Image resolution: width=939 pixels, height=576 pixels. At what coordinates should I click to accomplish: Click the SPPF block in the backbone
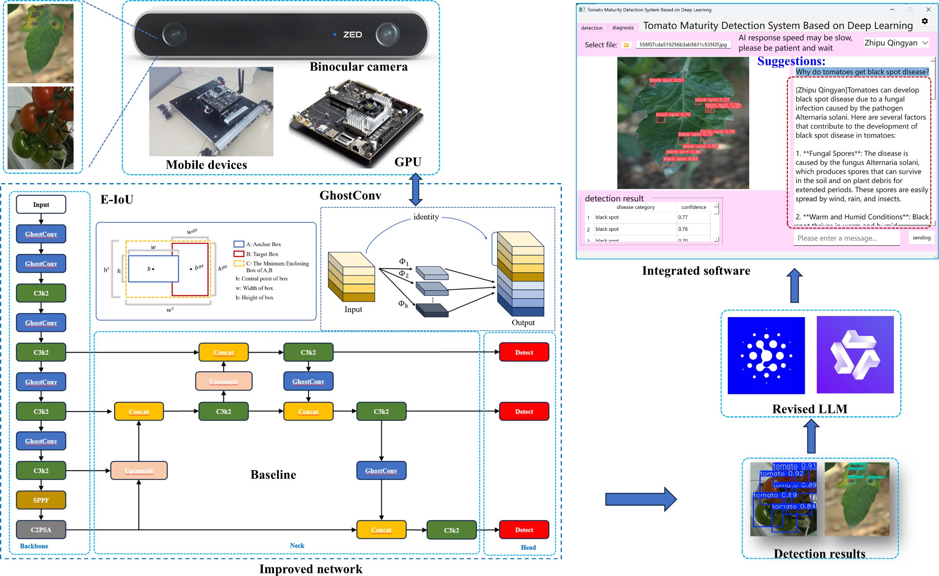point(41,500)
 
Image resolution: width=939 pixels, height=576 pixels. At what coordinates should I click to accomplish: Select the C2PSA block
point(41,530)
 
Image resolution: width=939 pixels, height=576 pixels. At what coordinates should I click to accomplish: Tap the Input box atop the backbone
point(41,205)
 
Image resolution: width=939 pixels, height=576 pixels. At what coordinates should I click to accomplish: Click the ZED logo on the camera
point(352,35)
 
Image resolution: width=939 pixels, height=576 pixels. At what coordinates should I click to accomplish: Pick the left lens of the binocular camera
point(173,35)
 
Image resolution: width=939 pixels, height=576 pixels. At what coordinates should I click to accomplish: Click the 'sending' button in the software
point(921,238)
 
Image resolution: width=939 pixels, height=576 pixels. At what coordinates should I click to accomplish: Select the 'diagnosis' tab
point(623,28)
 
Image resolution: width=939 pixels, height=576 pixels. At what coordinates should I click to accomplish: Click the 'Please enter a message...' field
point(846,238)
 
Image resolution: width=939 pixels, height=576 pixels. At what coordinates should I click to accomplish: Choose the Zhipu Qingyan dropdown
point(896,43)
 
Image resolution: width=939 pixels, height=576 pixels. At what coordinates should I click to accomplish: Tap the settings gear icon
point(925,21)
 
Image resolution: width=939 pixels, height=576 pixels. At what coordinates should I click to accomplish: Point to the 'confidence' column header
point(693,207)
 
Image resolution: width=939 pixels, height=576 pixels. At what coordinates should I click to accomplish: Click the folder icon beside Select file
point(626,45)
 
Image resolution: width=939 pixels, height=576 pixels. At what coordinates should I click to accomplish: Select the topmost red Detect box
point(524,352)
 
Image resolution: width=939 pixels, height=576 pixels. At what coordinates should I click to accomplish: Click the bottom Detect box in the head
point(524,530)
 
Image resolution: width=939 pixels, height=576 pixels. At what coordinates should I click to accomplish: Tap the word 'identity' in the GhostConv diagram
point(426,217)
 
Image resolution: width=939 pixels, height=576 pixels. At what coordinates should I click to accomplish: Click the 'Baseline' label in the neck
point(273,475)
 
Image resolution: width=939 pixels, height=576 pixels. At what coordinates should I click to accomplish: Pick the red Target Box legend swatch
point(239,254)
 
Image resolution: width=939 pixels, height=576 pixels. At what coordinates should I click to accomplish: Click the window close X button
point(928,9)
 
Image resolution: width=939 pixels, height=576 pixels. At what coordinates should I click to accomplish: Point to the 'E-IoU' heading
point(117,200)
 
